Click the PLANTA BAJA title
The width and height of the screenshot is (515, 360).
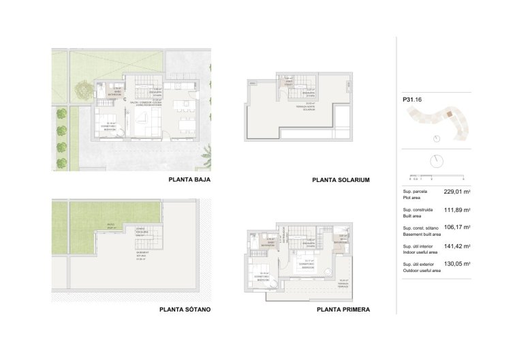coord(188,180)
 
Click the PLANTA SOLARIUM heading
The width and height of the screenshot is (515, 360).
coord(340,180)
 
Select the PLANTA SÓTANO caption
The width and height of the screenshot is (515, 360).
coord(184,309)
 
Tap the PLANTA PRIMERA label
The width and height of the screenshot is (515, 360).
coord(343,309)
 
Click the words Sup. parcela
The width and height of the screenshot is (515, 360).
coord(415,192)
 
